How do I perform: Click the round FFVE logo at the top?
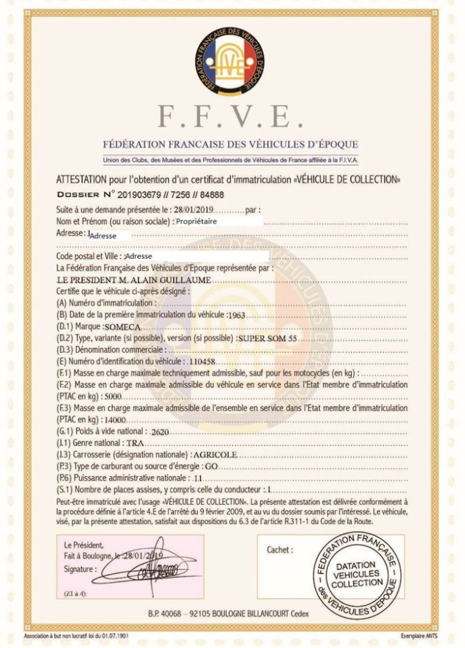(x=232, y=61)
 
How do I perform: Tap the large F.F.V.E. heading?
(x=232, y=116)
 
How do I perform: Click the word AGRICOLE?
(x=215, y=455)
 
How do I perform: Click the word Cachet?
(x=280, y=550)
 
